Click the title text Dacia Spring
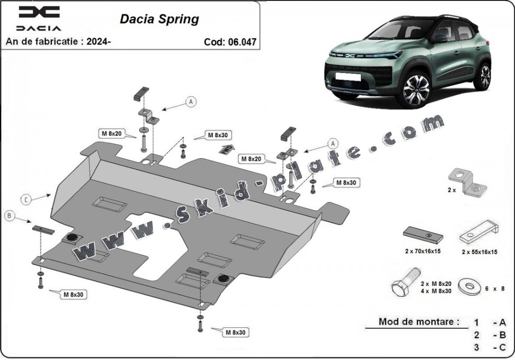[159, 19]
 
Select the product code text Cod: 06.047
[230, 42]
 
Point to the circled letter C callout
[26, 199]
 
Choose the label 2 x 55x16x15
[479, 252]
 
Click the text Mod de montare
[419, 321]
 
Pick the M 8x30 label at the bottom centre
[235, 332]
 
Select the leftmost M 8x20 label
[111, 133]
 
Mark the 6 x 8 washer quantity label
[495, 288]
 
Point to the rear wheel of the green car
[485, 76]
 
